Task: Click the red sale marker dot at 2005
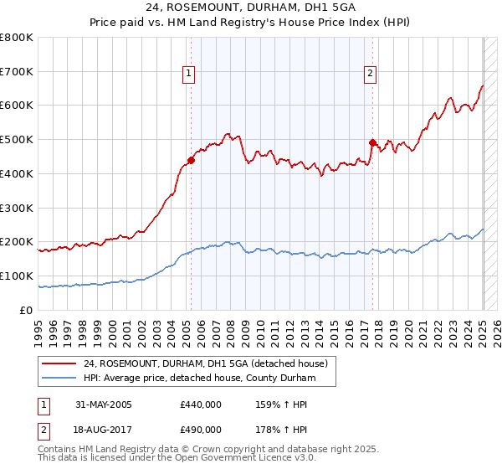coord(191,160)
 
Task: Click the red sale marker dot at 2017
coord(372,142)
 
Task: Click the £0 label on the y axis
coord(26,310)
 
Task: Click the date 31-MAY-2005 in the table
coord(104,405)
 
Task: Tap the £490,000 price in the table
coord(201,430)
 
